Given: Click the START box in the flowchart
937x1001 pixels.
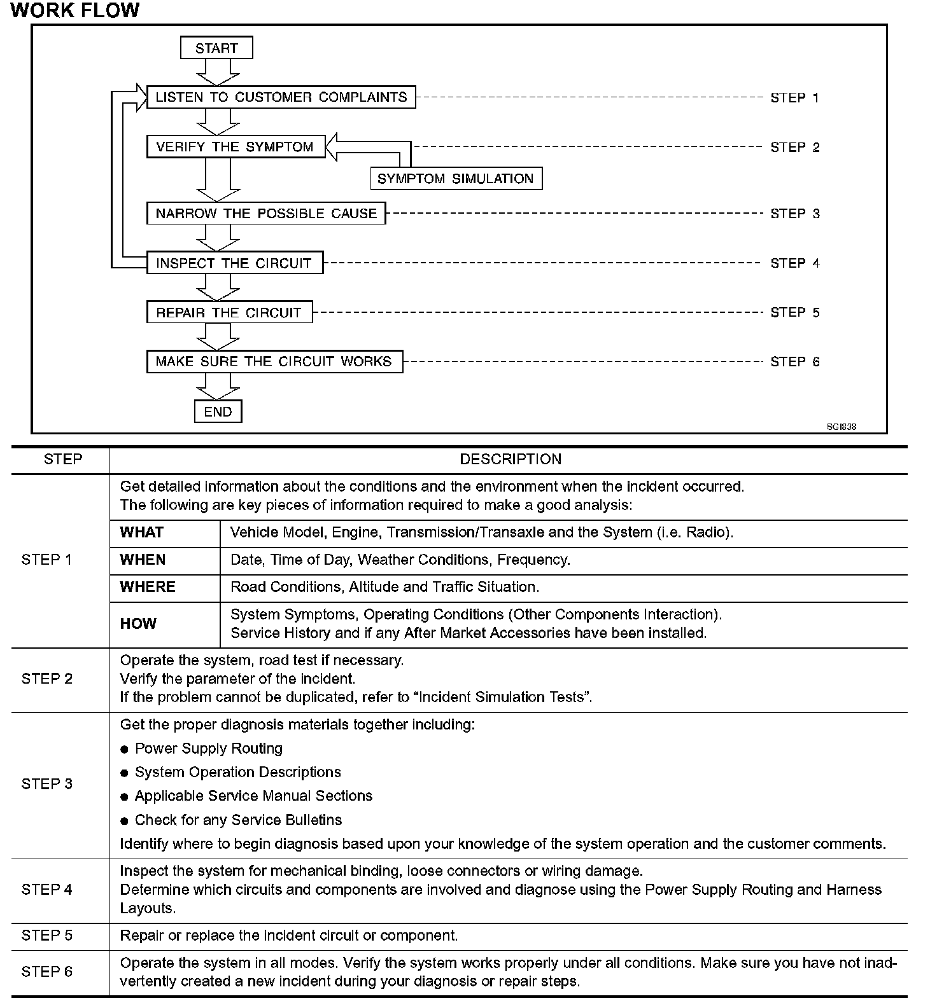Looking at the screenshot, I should click(x=216, y=48).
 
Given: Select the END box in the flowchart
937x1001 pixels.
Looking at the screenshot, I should click(x=218, y=411).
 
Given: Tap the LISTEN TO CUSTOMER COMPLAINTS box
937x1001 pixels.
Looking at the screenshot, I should click(x=281, y=97).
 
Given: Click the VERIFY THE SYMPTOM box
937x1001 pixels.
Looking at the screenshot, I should click(x=236, y=147).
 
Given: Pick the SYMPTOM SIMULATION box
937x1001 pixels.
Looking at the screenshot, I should click(x=456, y=179).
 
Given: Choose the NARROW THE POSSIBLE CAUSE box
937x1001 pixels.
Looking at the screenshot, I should click(x=266, y=213).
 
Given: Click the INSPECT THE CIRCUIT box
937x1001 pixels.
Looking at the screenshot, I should click(x=234, y=263).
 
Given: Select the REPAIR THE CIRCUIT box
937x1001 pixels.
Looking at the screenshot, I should click(x=229, y=312).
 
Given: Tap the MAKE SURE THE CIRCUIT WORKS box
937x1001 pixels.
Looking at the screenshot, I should click(x=274, y=361).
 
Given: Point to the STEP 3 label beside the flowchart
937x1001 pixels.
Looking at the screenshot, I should click(x=794, y=214).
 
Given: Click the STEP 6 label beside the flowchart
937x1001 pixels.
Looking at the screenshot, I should click(x=794, y=362).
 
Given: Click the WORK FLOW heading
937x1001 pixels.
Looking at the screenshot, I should click(x=75, y=10).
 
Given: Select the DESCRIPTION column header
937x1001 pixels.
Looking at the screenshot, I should click(x=511, y=459).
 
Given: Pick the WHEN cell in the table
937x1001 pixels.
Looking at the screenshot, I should click(x=143, y=560).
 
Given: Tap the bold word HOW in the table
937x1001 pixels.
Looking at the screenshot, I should click(x=138, y=624).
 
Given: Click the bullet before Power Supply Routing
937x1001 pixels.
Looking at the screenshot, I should click(x=124, y=750).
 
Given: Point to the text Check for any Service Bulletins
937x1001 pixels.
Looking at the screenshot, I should click(x=238, y=820).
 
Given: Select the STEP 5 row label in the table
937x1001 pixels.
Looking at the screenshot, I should click(x=47, y=935).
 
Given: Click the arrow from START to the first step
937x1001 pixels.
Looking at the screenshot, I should click(x=216, y=72).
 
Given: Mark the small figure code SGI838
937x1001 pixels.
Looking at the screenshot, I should click(x=842, y=427).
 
